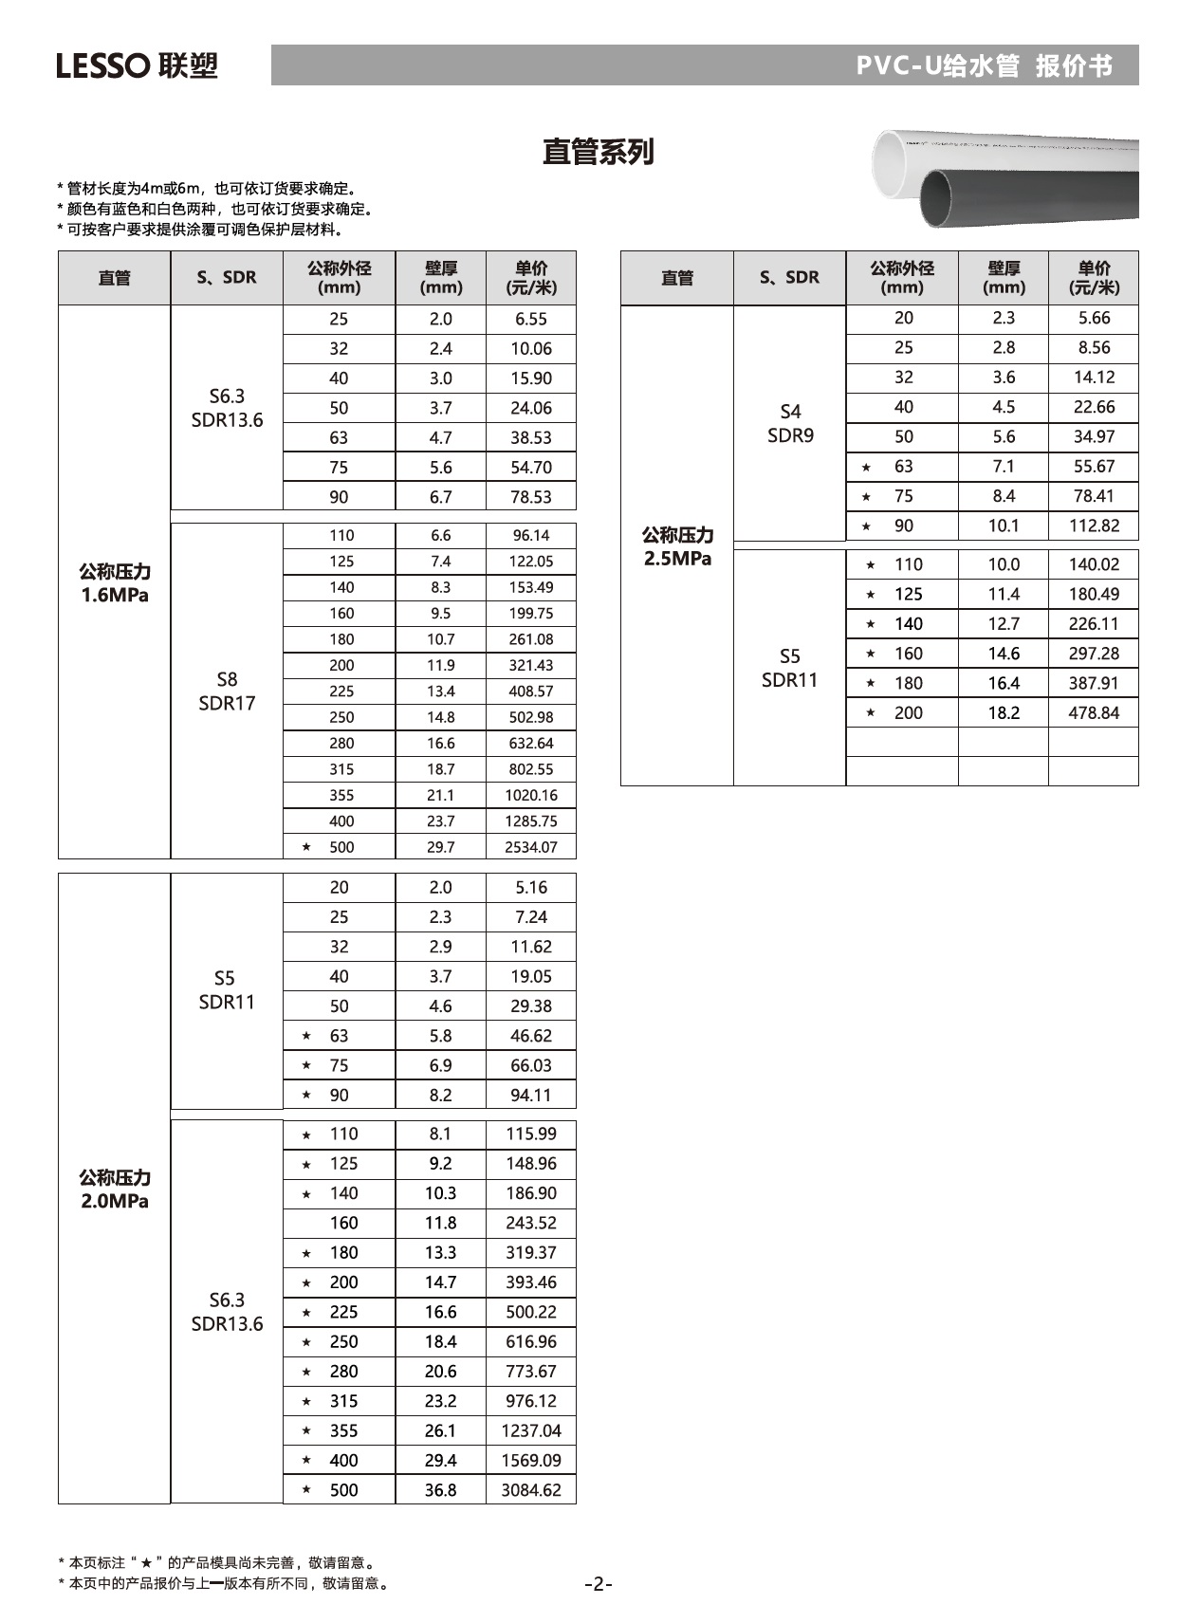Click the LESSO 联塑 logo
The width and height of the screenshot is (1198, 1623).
tap(137, 65)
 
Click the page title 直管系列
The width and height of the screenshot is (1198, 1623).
tap(598, 152)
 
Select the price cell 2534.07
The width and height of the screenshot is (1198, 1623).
tap(531, 847)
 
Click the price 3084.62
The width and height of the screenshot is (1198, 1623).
tap(531, 1489)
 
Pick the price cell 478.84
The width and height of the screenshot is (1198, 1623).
tap(1094, 712)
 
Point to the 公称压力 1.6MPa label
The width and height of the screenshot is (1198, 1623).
tap(115, 583)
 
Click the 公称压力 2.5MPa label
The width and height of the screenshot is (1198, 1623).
tap(677, 546)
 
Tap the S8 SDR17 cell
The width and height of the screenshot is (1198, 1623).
tap(227, 691)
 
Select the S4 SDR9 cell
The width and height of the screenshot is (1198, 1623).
tap(790, 423)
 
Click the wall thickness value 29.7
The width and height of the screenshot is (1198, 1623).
tap(440, 847)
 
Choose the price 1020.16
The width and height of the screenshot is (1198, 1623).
tap(531, 795)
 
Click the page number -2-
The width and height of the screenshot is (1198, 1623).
tap(599, 1583)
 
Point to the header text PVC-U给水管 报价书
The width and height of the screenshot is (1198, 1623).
tap(984, 65)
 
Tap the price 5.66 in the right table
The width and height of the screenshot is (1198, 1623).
tap(1094, 318)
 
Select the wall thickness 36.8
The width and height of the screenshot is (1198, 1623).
tap(440, 1489)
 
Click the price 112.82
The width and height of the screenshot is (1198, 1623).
tap(1094, 526)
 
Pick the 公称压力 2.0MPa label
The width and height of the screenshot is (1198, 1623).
tap(115, 1189)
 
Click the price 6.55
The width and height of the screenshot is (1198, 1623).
tap(531, 319)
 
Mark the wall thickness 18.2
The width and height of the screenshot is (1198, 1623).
tap(1004, 712)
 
